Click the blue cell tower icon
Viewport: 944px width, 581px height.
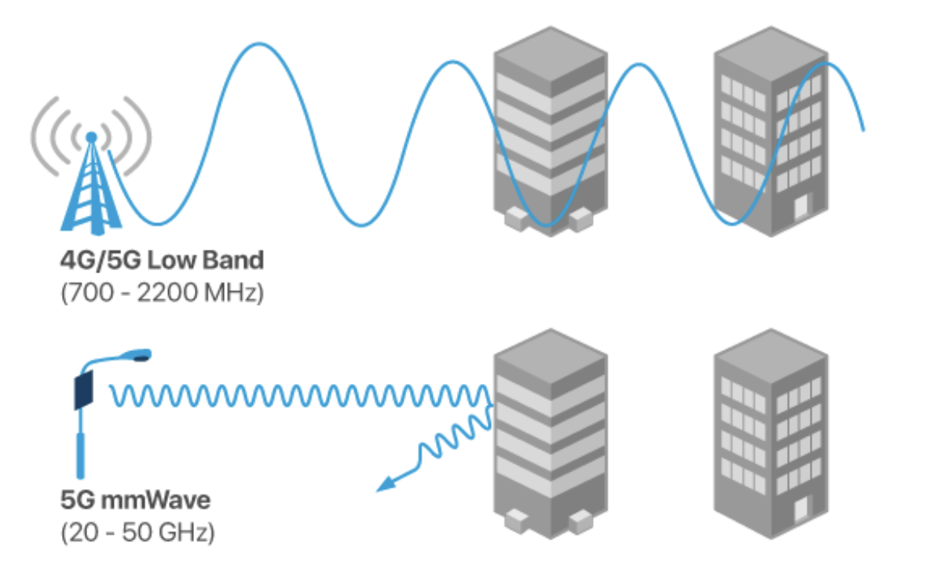click(92, 185)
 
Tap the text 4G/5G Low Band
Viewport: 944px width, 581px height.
click(163, 260)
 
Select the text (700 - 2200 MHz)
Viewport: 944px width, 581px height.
click(163, 294)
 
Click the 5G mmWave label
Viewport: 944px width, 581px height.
click(136, 499)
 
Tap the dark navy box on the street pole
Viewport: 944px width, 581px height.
click(82, 390)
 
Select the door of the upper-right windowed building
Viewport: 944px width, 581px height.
click(800, 208)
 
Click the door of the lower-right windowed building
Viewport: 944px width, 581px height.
click(800, 510)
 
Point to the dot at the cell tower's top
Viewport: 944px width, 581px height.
click(92, 137)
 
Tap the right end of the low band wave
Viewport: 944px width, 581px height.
click(863, 130)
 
